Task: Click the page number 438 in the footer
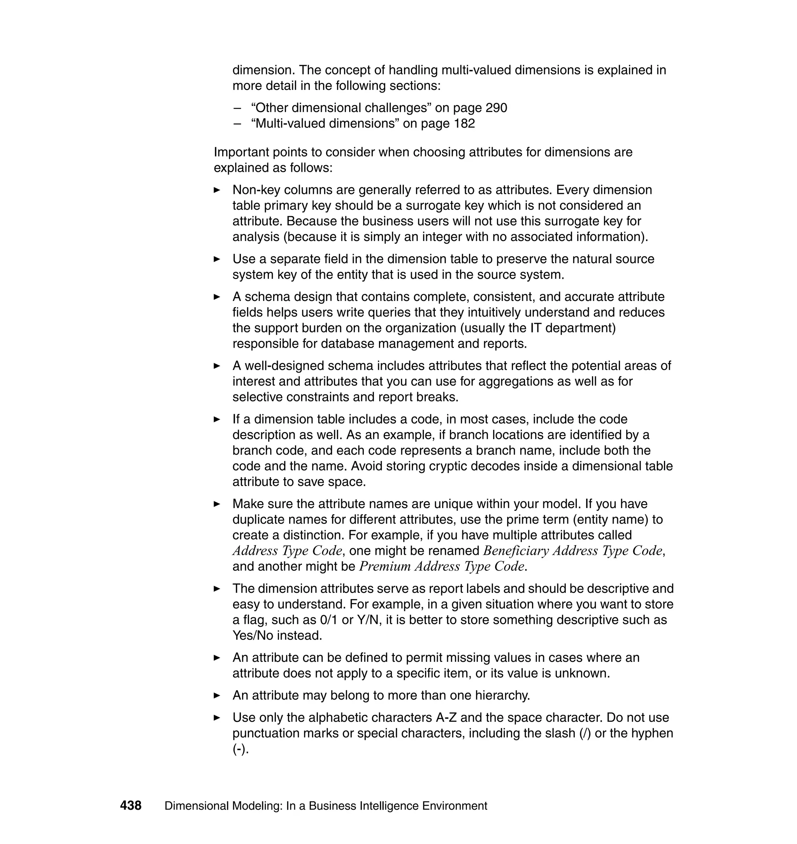tap(130, 806)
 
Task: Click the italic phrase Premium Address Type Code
tap(441, 566)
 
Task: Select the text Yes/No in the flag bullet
tap(253, 636)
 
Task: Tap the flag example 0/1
tap(329, 620)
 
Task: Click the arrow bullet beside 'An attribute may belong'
tap(217, 696)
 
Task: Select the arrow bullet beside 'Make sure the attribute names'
tap(217, 504)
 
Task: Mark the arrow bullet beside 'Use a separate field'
tap(217, 259)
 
